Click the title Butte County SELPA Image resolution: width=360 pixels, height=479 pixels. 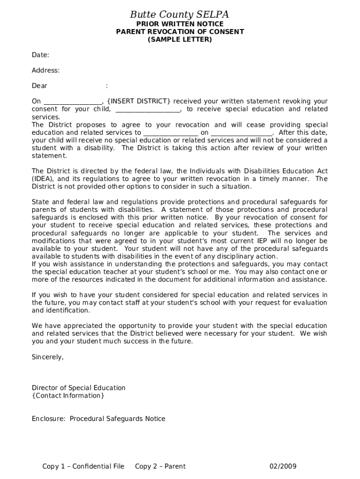[x=180, y=15]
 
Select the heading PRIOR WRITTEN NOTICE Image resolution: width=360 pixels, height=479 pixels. [x=180, y=24]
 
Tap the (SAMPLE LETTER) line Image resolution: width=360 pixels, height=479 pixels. [x=180, y=40]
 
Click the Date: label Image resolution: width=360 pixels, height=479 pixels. [x=40, y=55]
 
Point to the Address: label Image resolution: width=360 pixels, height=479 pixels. [x=45, y=71]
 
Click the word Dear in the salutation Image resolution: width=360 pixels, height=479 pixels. [x=39, y=86]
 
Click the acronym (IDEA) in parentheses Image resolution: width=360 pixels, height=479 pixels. [x=43, y=179]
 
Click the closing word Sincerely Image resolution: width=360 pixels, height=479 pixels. [x=47, y=357]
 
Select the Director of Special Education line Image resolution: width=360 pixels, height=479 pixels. [x=79, y=388]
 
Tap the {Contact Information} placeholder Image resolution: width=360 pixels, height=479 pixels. [x=68, y=396]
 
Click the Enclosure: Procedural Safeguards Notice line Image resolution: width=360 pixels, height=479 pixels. [x=98, y=419]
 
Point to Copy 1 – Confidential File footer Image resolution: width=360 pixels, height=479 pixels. [x=83, y=466]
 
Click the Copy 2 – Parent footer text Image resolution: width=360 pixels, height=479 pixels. [x=160, y=466]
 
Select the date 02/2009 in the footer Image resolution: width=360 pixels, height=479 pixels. [x=283, y=466]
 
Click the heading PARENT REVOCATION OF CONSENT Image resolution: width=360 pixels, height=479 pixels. [x=180, y=32]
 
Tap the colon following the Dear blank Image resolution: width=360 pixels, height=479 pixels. [x=107, y=86]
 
